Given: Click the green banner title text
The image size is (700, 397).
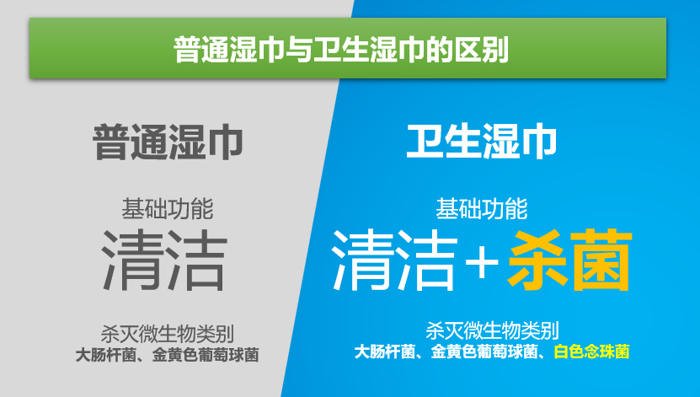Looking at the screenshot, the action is click(341, 49).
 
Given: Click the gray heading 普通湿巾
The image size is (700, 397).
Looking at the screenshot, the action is click(168, 142).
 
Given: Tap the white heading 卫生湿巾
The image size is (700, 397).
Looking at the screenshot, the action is click(482, 141).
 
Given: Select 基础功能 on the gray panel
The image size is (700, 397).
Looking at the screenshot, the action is click(168, 209).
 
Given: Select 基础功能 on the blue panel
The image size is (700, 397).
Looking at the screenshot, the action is click(482, 209).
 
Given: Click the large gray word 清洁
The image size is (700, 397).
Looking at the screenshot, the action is click(164, 260).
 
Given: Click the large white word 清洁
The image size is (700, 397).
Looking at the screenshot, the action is click(394, 259).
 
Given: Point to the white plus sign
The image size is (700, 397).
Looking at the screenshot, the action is click(481, 262).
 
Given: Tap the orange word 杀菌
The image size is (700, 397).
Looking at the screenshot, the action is click(570, 260).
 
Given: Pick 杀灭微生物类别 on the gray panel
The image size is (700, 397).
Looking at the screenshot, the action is click(167, 334).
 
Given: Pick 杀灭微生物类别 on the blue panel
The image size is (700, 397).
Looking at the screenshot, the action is click(492, 331).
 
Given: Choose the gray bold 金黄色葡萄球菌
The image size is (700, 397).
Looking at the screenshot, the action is click(206, 355).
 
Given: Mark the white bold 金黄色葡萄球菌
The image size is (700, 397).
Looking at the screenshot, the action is click(484, 351).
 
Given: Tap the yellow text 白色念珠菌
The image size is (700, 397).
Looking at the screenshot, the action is click(591, 351).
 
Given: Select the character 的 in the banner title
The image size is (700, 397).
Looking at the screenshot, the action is click(440, 49).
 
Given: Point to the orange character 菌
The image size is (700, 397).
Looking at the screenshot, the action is click(602, 260).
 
